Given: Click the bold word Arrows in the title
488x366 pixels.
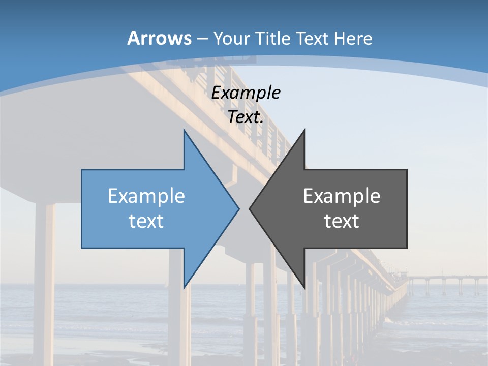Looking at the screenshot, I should click(159, 38).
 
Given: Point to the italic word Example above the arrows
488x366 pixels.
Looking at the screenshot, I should click(246, 93).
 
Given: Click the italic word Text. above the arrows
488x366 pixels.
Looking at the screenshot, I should click(246, 117).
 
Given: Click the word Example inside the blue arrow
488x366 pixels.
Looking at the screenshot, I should click(146, 196).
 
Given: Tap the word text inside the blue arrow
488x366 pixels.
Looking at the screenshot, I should click(146, 221).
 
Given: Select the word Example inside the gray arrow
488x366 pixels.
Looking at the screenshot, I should click(342, 196).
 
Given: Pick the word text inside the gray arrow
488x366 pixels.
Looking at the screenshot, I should click(342, 221).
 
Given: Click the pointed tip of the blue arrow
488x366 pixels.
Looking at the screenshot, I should click(238, 208).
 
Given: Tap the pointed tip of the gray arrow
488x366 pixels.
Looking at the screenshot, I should click(250, 208).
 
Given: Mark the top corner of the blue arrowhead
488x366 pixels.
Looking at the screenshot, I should click(184, 130).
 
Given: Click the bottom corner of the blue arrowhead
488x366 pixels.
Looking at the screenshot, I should click(184, 287).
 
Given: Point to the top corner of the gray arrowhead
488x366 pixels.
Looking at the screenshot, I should click(304, 130).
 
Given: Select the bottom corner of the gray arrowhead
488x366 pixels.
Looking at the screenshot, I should click(304, 287).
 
